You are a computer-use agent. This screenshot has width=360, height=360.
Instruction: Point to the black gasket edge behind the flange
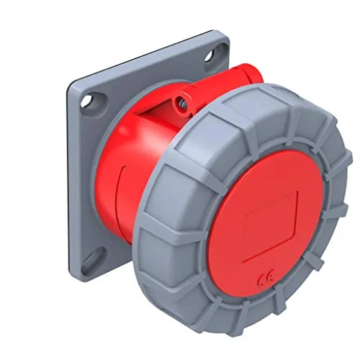pos(71,180)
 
